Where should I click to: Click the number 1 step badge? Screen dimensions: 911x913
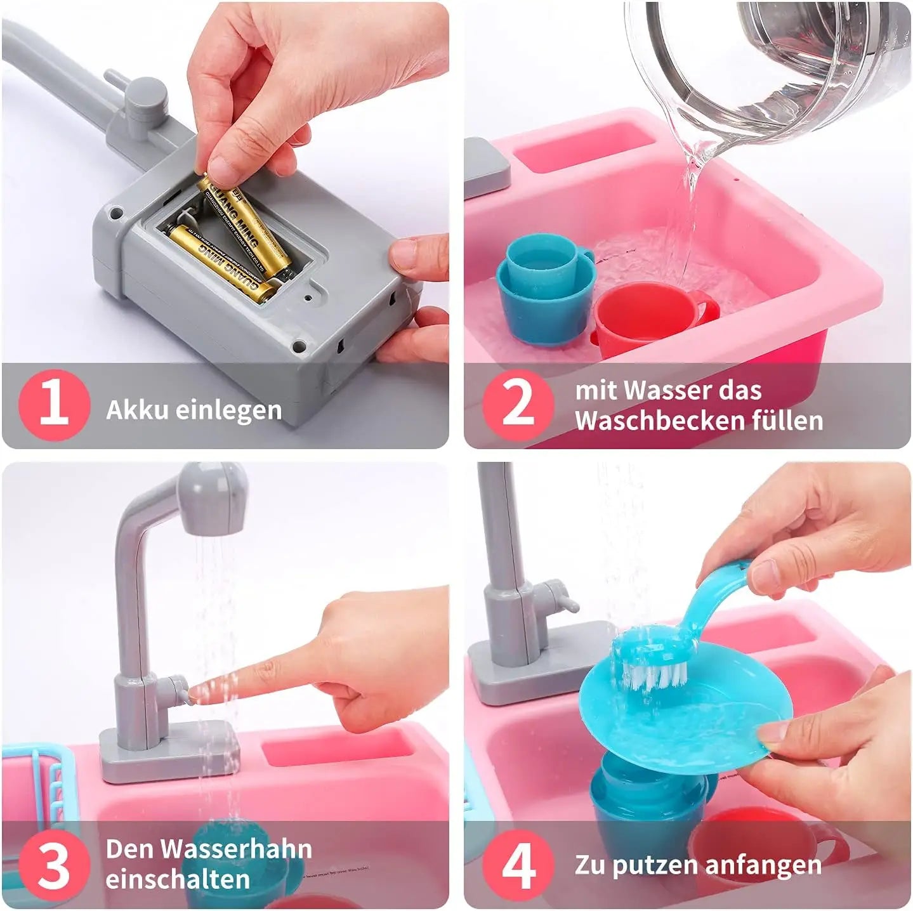click(x=53, y=405)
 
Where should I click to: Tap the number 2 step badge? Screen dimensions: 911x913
click(x=518, y=405)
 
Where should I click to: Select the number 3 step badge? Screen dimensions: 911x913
click(x=53, y=865)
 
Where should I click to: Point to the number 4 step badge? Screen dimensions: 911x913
click(x=518, y=865)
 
